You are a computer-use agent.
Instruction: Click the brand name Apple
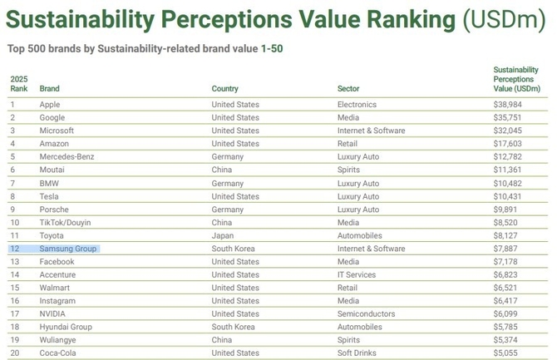[51, 105]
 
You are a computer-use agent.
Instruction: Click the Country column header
[224, 88]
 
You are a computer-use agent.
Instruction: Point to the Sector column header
[348, 88]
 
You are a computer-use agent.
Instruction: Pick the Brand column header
[49, 88]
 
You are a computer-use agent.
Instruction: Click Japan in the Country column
[223, 235]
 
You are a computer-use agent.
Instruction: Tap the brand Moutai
[52, 170]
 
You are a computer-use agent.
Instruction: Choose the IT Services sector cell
[357, 274]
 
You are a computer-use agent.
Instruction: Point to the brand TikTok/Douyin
[66, 222]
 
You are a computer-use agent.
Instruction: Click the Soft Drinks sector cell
[357, 353]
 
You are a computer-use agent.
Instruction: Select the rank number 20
[14, 353]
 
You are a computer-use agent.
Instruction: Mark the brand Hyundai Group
[67, 327]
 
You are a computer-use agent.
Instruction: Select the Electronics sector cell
[357, 105]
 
